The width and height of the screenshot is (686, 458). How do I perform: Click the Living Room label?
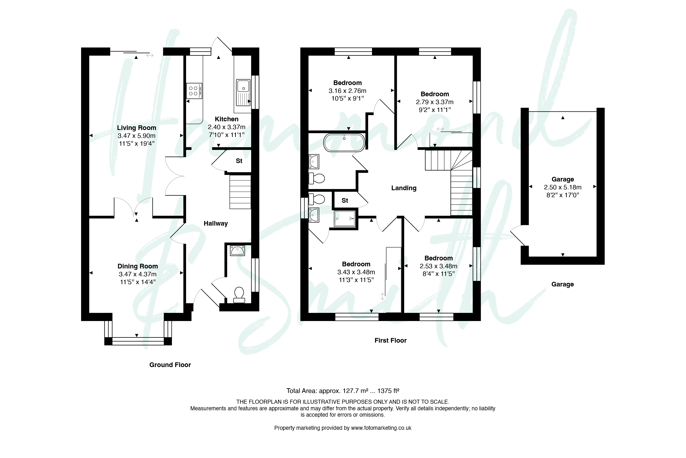point(137,128)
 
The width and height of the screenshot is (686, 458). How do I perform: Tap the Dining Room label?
point(138,266)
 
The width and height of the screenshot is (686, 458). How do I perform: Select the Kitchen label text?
point(227,119)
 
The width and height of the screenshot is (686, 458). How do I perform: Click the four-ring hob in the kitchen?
point(194,91)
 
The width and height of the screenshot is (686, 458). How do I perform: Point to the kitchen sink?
point(243,92)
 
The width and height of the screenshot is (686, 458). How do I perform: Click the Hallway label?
point(216,223)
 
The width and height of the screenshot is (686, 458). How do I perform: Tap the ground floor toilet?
point(239,295)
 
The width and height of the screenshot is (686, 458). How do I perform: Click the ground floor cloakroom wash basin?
point(237,251)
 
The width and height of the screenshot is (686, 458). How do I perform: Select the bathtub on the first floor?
point(344,142)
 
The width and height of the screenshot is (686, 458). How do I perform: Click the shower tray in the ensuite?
point(345,218)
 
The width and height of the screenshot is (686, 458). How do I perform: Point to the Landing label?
point(404,188)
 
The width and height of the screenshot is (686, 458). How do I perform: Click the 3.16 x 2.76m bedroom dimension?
point(347,91)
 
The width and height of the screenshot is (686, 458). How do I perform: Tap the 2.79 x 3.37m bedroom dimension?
point(435,102)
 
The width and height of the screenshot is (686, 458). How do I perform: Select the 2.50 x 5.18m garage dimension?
point(563,187)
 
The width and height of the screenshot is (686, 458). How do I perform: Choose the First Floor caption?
point(391,340)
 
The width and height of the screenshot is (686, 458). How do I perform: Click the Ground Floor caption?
point(170,365)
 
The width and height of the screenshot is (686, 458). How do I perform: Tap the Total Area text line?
point(343,391)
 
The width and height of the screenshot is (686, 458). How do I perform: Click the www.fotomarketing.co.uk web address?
point(381,428)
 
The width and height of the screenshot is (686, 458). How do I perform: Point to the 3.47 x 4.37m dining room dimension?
point(138,274)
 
